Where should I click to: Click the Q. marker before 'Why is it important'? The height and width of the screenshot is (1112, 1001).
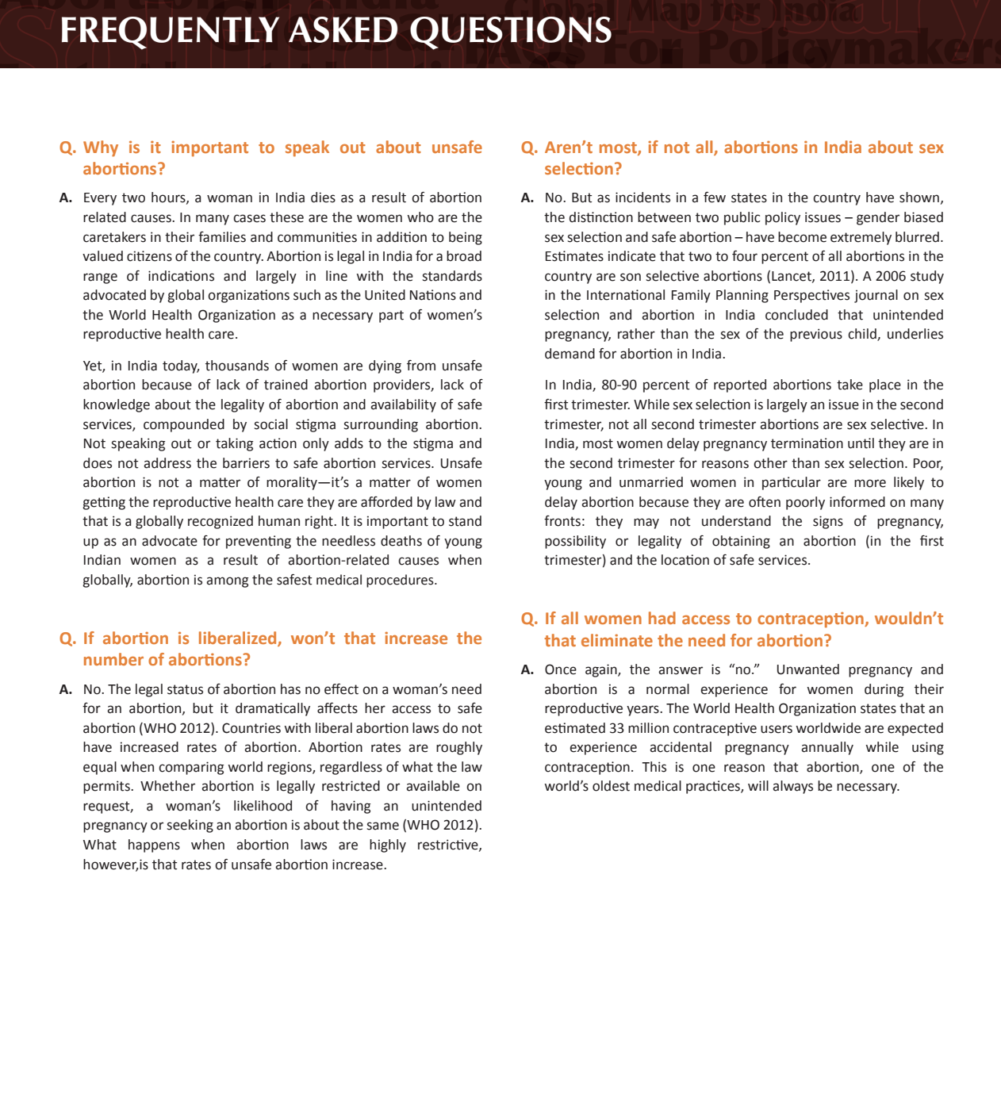[x=67, y=148]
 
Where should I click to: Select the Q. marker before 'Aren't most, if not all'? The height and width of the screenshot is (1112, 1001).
[x=529, y=148]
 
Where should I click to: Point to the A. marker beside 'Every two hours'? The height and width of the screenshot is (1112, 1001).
[x=66, y=198]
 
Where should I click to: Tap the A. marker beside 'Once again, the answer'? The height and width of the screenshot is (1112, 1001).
[x=527, y=670]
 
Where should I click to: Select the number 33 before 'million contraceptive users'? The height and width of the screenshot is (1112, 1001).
[x=616, y=728]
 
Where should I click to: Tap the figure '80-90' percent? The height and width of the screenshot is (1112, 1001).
[x=619, y=385]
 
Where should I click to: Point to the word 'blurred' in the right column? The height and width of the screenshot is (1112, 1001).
[x=920, y=237]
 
